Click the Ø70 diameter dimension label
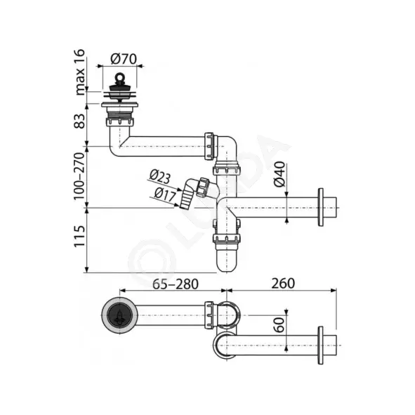[124, 59]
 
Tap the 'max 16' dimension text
[79, 72]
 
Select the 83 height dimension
[79, 121]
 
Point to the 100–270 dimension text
[79, 176]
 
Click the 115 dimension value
[79, 237]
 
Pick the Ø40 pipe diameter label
[279, 174]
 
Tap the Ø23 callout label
[160, 176]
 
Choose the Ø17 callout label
[165, 195]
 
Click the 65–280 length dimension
[176, 284]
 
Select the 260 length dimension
[283, 284]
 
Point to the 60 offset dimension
[279, 324]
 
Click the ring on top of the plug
[119, 77]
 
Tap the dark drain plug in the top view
[119, 315]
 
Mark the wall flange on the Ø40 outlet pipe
[320, 207]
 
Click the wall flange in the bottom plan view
[320, 345]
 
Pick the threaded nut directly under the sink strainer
[119, 121]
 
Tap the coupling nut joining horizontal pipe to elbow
[209, 146]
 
